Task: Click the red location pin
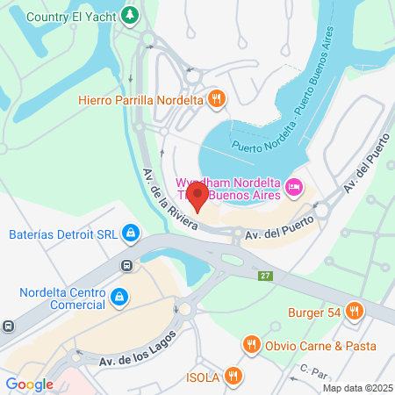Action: pos(198,197)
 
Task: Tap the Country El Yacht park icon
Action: pos(130,15)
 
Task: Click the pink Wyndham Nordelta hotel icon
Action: pos(295,186)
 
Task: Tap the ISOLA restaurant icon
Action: pos(233,377)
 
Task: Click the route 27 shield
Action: pos(264,276)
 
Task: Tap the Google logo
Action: pos(29,384)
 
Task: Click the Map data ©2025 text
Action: pos(356,388)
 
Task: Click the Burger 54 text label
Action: pos(312,311)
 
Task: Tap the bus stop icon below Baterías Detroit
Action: pos(128,265)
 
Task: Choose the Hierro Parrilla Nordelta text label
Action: pos(140,100)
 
